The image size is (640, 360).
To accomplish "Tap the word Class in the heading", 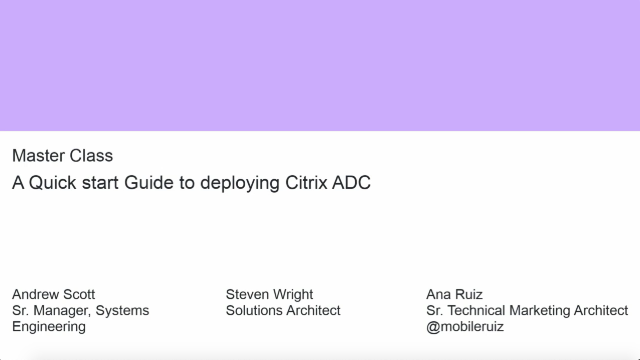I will pyautogui.click(x=92, y=156).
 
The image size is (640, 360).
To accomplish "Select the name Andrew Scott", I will pyautogui.click(x=53, y=295).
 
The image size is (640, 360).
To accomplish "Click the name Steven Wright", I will pyautogui.click(x=269, y=295).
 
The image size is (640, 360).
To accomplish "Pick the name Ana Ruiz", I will pyautogui.click(x=454, y=295).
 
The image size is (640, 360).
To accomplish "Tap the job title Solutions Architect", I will pyautogui.click(x=283, y=311).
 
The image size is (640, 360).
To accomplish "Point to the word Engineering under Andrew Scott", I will pyautogui.click(x=48, y=327).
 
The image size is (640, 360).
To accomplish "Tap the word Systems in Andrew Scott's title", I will pyautogui.click(x=122, y=311).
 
